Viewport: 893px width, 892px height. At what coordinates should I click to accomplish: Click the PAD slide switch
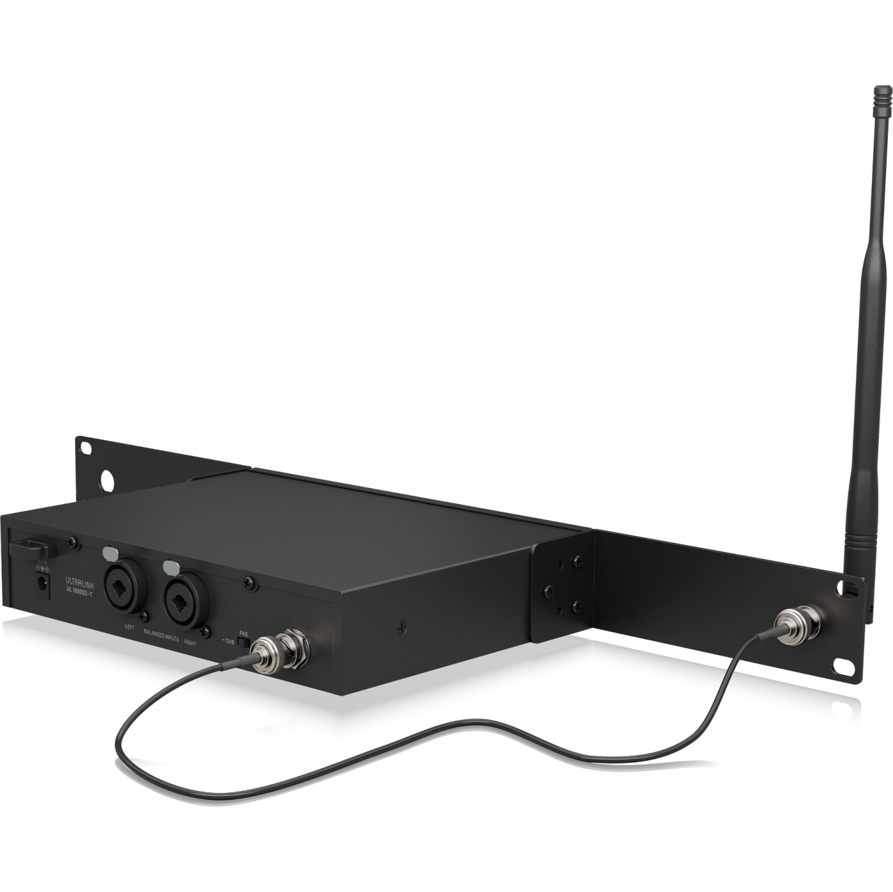(242, 641)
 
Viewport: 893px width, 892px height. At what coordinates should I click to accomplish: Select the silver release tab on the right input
(171, 565)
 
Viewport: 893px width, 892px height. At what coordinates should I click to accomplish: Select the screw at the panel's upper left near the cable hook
(72, 540)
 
